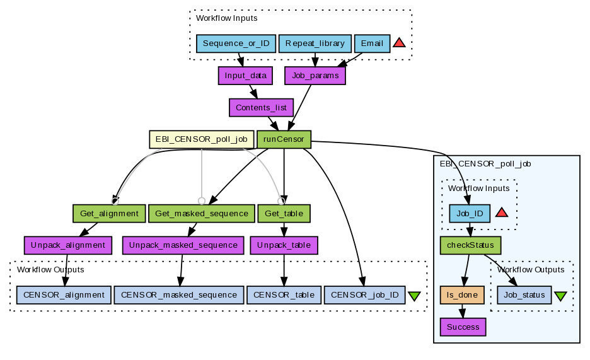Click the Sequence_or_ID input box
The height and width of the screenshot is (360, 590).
pyautogui.click(x=236, y=44)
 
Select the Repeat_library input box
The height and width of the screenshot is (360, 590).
pyautogui.click(x=315, y=44)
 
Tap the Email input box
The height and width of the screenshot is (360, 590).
pyautogui.click(x=372, y=44)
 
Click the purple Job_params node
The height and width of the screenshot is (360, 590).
pyautogui.click(x=315, y=76)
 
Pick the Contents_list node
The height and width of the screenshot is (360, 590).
pyautogui.click(x=261, y=108)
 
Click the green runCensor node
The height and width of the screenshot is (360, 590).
pyautogui.click(x=284, y=139)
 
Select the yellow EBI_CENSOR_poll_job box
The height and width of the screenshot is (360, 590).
pyautogui.click(x=201, y=139)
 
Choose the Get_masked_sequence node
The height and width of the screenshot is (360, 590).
pyautogui.click(x=201, y=214)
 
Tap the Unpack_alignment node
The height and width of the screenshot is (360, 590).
pyautogui.click(x=67, y=245)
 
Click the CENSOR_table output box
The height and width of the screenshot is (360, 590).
pyautogui.click(x=284, y=295)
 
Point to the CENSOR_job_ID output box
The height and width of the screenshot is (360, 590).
pyautogui.click(x=364, y=295)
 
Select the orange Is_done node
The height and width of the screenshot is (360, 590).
pyautogui.click(x=462, y=295)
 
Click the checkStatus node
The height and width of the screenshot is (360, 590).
pyautogui.click(x=470, y=245)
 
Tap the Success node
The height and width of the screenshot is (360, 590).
pyautogui.click(x=463, y=327)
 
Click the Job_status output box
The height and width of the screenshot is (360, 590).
pyautogui.click(x=524, y=295)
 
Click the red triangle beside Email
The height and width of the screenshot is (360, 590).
pyautogui.click(x=399, y=43)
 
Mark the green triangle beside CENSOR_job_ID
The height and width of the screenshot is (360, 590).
pyautogui.click(x=414, y=296)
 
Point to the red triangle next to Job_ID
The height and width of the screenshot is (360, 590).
pyautogui.click(x=502, y=213)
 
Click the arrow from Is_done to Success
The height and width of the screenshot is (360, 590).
pyautogui.click(x=463, y=311)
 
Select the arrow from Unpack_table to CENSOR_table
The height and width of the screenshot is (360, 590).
pyautogui.click(x=284, y=270)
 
